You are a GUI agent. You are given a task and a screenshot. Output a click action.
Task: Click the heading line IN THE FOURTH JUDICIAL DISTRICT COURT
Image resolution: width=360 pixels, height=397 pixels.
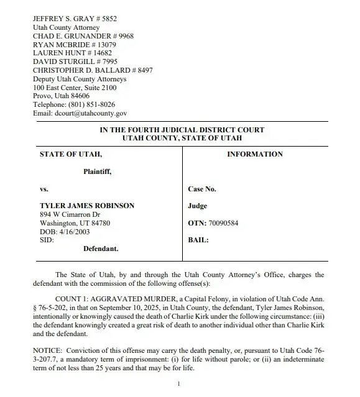(182, 130)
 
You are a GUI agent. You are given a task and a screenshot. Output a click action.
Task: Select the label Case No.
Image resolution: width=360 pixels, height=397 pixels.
(202, 189)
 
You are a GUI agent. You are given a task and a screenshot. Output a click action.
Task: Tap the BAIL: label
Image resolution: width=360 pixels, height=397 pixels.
(199, 240)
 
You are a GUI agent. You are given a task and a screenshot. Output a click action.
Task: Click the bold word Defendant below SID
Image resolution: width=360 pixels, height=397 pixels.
(101, 249)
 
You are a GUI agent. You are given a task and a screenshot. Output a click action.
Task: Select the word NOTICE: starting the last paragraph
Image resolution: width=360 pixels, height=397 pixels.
(47, 350)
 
